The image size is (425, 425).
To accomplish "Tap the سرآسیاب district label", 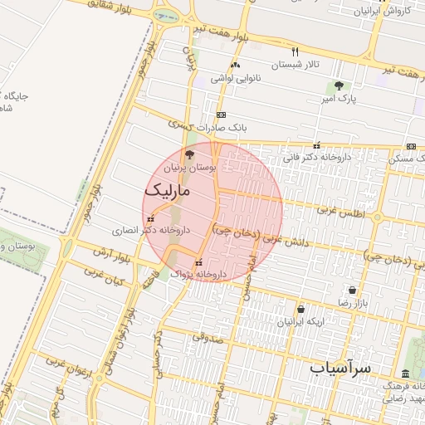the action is pyautogui.click(x=340, y=366).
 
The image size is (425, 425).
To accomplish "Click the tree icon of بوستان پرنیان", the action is pyautogui.click(x=189, y=154).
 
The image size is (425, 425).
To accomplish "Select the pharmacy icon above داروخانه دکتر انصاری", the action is pyautogui.click(x=150, y=218).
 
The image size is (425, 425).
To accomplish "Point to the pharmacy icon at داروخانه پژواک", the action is pyautogui.click(x=198, y=261).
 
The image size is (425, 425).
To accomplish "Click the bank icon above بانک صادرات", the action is pyautogui.click(x=221, y=115).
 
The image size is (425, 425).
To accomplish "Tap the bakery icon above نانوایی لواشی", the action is pyautogui.click(x=236, y=66).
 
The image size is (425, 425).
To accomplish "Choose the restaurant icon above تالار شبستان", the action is pyautogui.click(x=295, y=52).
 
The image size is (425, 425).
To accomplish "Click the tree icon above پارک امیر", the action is pyautogui.click(x=338, y=86).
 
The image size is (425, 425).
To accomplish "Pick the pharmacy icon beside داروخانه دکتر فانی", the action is pyautogui.click(x=316, y=144).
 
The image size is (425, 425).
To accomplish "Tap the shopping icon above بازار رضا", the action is pyautogui.click(x=354, y=291).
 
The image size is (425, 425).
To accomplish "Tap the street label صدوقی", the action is pyautogui.click(x=208, y=337).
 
